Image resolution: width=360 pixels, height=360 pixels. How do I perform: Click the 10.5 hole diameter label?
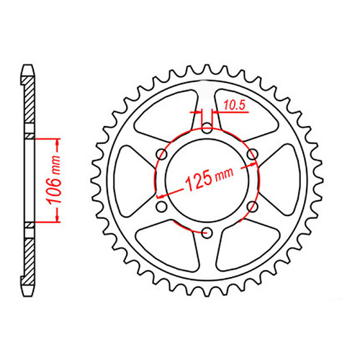coord(234,106)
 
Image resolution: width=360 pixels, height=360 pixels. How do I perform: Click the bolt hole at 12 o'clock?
coord(207,129)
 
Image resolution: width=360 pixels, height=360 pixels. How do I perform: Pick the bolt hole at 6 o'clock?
coord(207,232)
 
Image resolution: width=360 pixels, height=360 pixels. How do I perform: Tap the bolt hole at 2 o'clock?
coord(252,154)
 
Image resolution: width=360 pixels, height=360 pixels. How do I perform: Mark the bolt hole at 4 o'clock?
coord(252,207)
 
